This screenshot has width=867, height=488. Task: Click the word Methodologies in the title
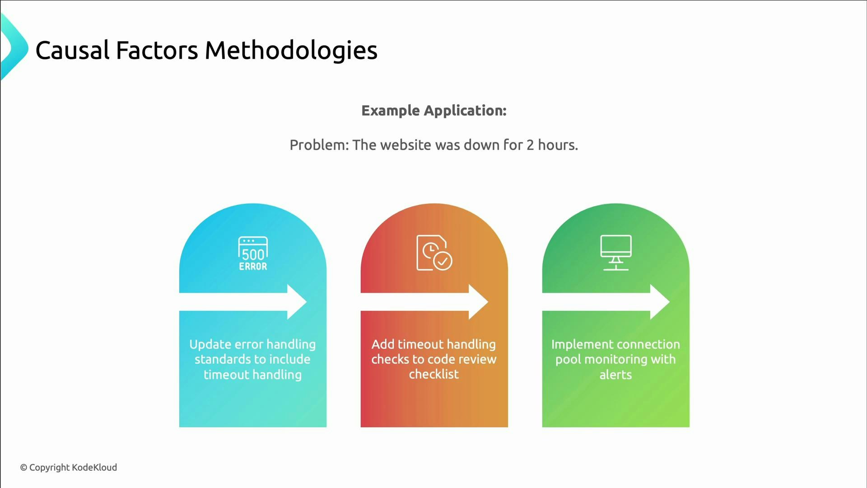tap(291, 50)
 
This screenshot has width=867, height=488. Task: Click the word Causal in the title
tap(72, 50)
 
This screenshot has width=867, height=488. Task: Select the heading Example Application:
tap(433, 111)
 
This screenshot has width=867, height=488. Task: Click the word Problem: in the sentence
tap(319, 145)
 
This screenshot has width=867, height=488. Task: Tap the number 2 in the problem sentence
tap(530, 145)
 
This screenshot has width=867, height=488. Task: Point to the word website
tap(406, 145)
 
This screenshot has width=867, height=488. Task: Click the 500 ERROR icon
tap(253, 253)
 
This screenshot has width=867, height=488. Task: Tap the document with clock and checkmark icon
tap(434, 253)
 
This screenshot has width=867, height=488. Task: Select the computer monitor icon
tap(615, 253)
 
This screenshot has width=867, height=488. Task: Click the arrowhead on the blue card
tap(296, 302)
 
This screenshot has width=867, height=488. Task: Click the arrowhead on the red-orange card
tap(478, 302)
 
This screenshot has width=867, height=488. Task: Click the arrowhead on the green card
tap(659, 302)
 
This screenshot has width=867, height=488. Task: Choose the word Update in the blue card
tap(210, 344)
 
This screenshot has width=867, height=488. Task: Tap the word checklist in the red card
tap(433, 375)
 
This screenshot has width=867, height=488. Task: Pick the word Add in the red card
tap(382, 344)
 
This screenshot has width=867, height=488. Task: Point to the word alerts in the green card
tap(615, 375)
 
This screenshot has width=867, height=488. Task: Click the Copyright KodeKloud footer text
tap(69, 468)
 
